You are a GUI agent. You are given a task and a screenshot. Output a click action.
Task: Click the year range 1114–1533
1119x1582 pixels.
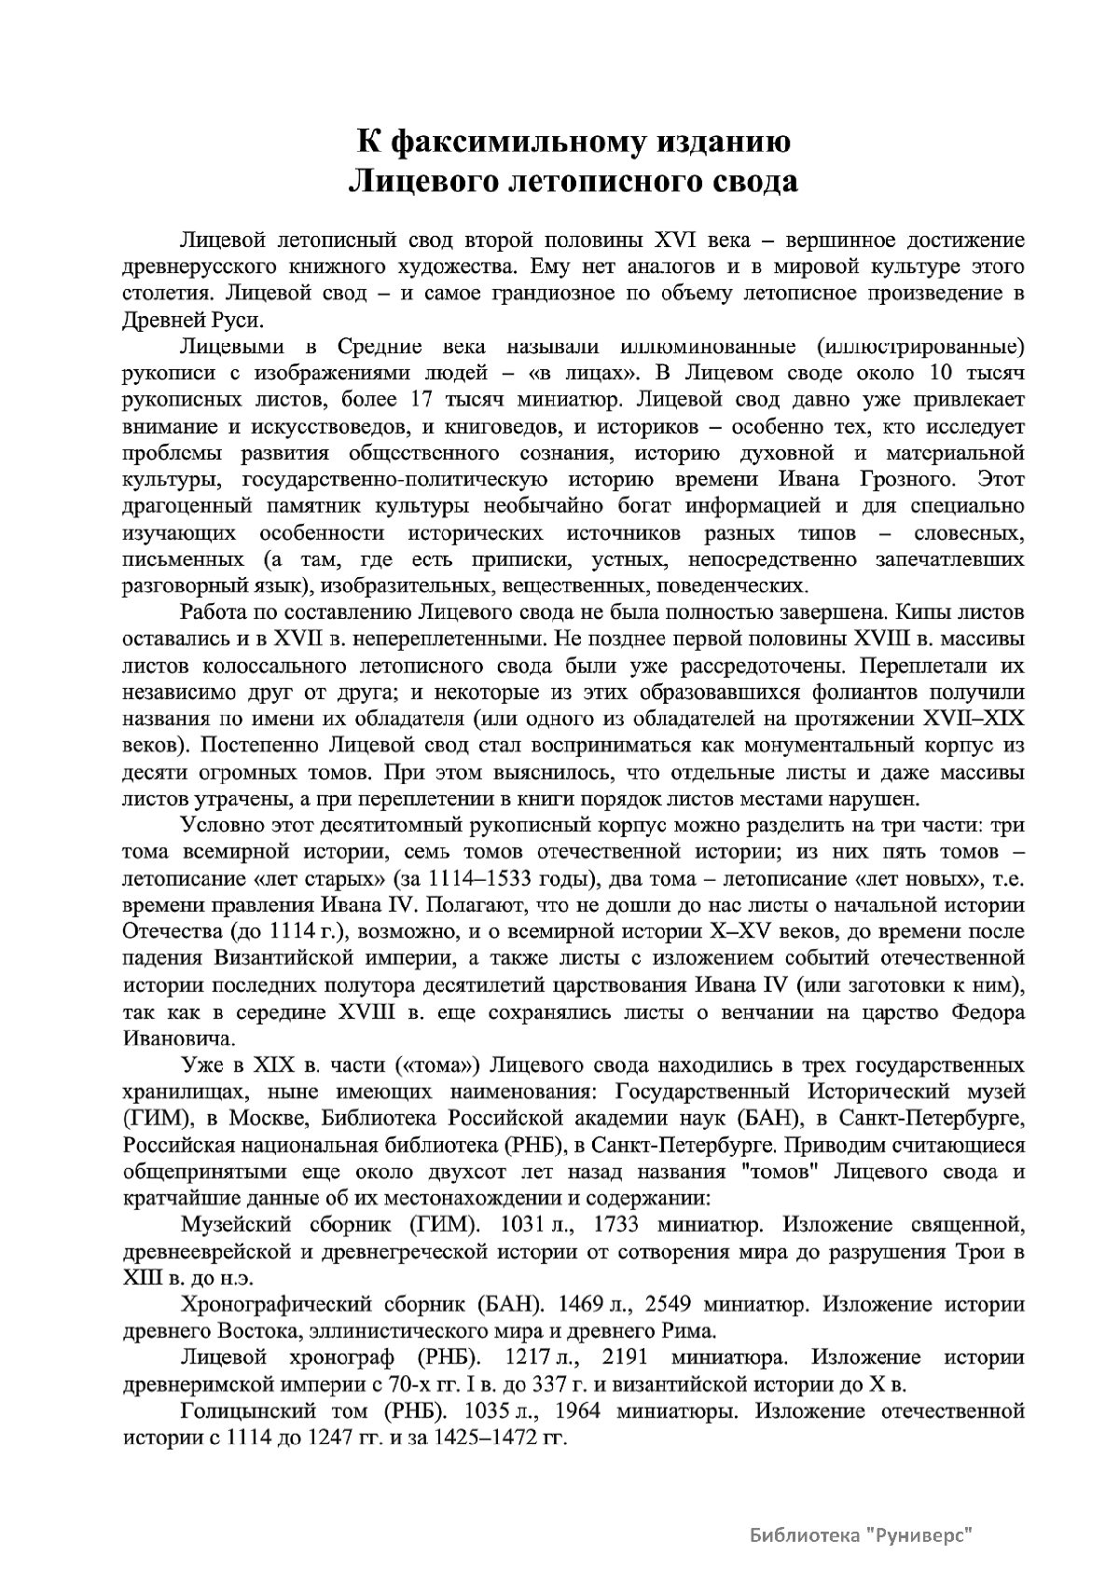477,878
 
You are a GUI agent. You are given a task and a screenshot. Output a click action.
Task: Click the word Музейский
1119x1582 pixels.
237,1224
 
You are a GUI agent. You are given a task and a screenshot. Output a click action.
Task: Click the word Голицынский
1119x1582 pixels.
245,1410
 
